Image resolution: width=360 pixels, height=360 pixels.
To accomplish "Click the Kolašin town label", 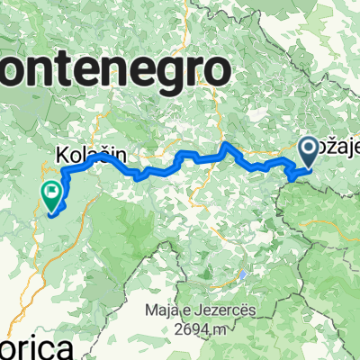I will click(87, 155).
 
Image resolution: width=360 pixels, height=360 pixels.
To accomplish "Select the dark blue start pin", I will click(307, 149).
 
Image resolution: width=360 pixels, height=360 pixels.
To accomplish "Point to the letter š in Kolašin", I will click(97, 155).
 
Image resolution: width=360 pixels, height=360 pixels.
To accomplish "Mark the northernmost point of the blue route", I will click(225, 143).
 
